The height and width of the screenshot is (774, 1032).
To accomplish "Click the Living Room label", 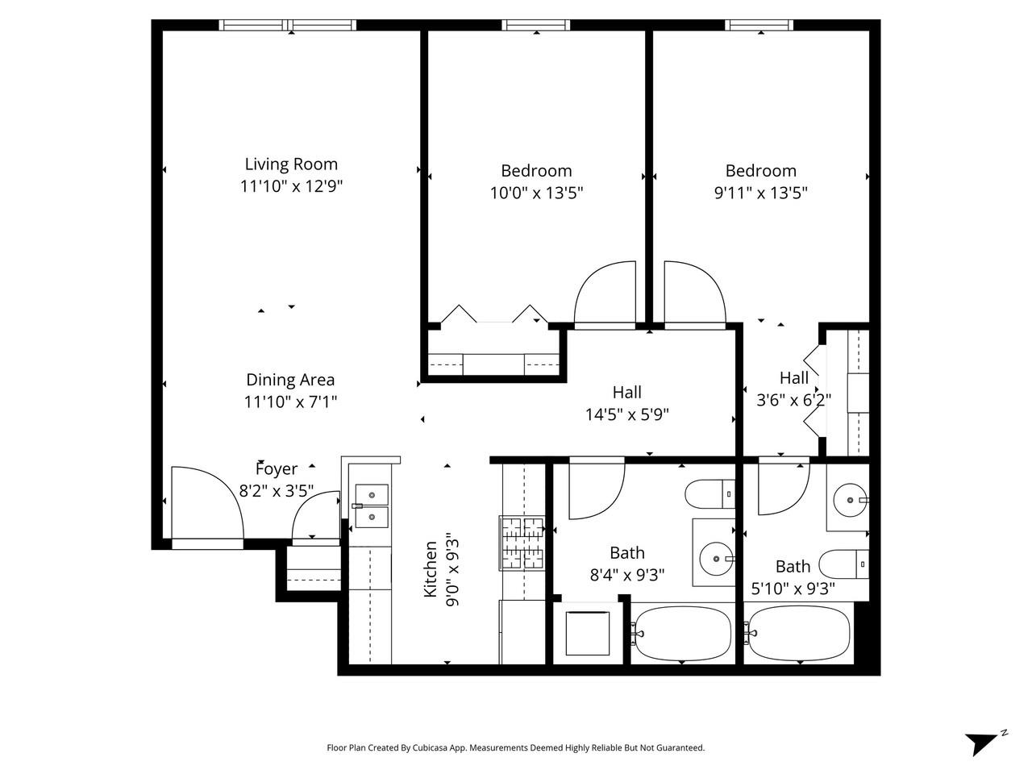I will point(291,164).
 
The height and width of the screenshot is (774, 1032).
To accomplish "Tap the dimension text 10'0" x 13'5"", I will point(536,193).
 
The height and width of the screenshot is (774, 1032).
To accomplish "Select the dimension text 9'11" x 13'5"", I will point(760,193).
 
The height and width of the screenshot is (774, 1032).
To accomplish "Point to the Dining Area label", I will point(290,380).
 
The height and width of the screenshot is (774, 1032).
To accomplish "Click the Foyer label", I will point(277,469).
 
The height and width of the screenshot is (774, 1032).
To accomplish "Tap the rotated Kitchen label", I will point(431,569).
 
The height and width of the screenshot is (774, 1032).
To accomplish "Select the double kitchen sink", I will point(372,506).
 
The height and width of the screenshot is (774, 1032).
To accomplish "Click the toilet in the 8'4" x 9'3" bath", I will point(709,493).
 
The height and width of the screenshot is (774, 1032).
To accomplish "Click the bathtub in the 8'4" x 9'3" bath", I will point(682,633).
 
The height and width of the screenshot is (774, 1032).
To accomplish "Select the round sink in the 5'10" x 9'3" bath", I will point(849,500).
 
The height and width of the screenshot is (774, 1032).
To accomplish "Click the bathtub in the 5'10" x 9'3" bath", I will point(798,633).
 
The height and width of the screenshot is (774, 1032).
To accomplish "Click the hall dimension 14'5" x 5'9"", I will point(626,414).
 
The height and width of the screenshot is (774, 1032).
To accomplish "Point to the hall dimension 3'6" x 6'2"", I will point(793,399).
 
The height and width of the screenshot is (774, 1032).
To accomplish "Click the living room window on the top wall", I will point(289,25).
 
